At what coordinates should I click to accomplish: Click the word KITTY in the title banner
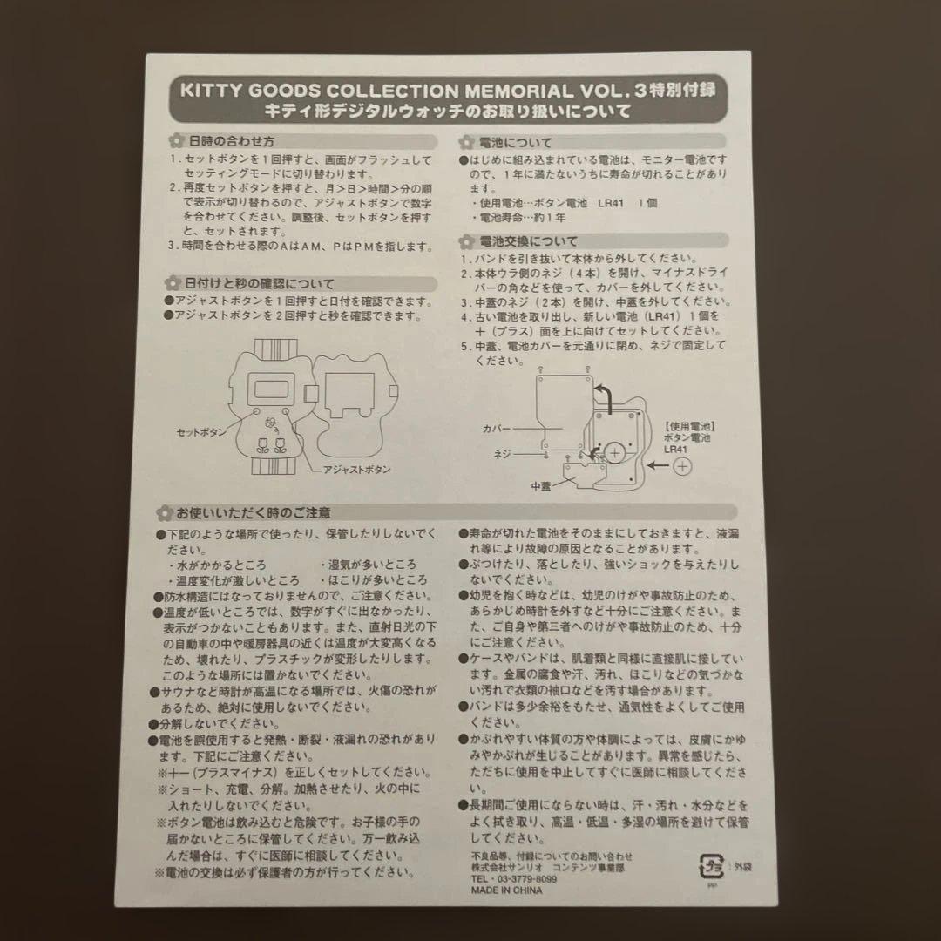coord(211,91)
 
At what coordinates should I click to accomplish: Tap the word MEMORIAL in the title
coord(518,91)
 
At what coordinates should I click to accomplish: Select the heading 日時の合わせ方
coord(231,142)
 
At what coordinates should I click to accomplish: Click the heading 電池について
coord(515,143)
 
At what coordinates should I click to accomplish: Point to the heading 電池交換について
coord(528,242)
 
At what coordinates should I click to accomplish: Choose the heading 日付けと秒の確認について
coord(260,284)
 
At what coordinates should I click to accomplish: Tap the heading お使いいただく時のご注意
coord(253,513)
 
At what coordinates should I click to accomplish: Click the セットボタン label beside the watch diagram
coord(201,432)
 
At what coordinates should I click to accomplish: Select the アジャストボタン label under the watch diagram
coord(356,470)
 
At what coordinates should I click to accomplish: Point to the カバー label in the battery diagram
coord(497,429)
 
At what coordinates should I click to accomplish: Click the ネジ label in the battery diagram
coord(502,454)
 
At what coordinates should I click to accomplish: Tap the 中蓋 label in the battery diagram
coord(541,487)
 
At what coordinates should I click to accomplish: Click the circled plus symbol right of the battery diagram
coord(682,466)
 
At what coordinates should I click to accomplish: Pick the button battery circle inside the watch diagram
coord(614,453)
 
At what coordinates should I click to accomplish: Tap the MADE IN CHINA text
coord(506,890)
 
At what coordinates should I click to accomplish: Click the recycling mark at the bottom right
coord(712,867)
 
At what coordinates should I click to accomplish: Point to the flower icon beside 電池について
coord(466,143)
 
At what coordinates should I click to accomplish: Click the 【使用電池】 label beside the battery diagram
coord(690,427)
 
